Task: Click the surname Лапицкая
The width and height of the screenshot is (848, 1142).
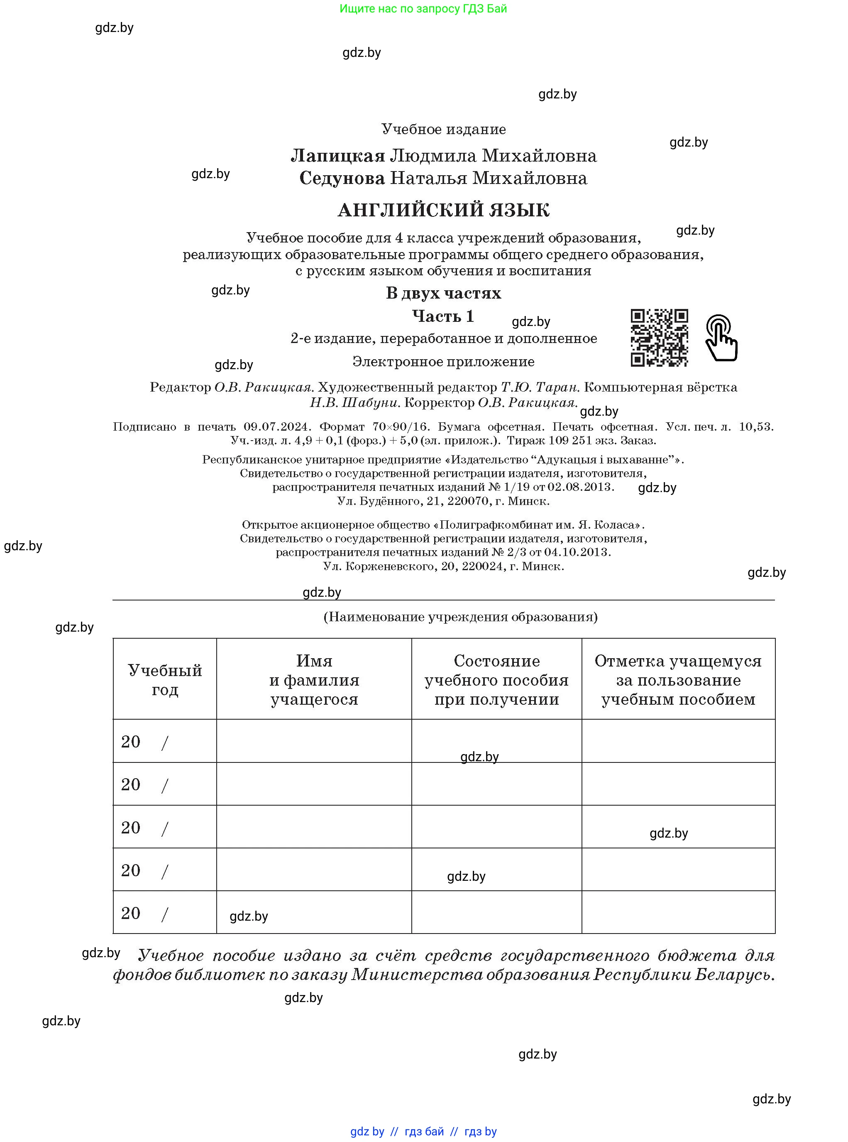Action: pyautogui.click(x=338, y=156)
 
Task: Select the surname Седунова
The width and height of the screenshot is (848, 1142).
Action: pyautogui.click(x=342, y=178)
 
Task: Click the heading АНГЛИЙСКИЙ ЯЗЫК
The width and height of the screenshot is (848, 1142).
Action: pyautogui.click(x=443, y=210)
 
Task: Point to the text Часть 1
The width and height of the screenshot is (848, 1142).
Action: pyautogui.click(x=443, y=316)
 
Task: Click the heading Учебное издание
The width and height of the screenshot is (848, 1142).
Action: pyautogui.click(x=443, y=130)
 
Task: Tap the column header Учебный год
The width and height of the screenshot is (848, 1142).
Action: pyautogui.click(x=165, y=679)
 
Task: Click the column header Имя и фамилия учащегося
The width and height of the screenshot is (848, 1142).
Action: pyautogui.click(x=314, y=679)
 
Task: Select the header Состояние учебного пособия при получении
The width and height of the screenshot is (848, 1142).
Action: pyautogui.click(x=496, y=679)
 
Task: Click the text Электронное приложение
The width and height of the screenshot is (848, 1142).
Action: pyautogui.click(x=443, y=362)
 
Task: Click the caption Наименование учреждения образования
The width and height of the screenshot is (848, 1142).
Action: pyautogui.click(x=460, y=617)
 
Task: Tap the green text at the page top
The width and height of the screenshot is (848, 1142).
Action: pyautogui.click(x=423, y=9)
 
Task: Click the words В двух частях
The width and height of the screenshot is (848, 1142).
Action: pyautogui.click(x=443, y=293)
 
